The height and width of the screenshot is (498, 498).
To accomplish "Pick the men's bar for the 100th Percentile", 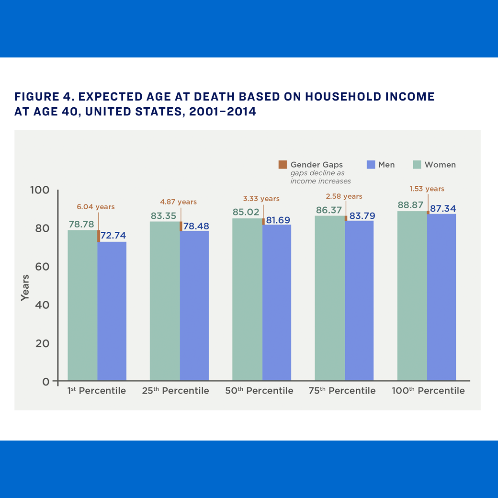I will pyautogui.click(x=441, y=297).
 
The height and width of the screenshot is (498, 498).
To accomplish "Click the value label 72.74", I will pyautogui.click(x=113, y=235).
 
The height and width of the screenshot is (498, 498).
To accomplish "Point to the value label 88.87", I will pyautogui.click(x=410, y=205).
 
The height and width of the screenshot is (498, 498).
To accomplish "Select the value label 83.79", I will pyautogui.click(x=362, y=216).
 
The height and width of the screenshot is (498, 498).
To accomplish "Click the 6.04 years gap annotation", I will pyautogui.click(x=96, y=207).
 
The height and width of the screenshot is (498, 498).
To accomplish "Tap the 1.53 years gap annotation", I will pyautogui.click(x=427, y=189).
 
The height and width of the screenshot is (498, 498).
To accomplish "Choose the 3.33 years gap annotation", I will pyautogui.click(x=261, y=198).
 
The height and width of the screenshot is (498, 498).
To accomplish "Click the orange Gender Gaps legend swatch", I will pyautogui.click(x=283, y=165).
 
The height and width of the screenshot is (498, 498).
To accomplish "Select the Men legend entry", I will pyautogui.click(x=381, y=165).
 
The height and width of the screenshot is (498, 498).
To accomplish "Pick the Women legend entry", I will pyautogui.click(x=434, y=165).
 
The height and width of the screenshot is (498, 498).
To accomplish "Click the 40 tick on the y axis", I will pyautogui.click(x=42, y=305).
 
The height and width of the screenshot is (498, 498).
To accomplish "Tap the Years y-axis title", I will pyautogui.click(x=25, y=287).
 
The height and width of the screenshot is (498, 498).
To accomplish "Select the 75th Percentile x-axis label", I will pyautogui.click(x=342, y=391).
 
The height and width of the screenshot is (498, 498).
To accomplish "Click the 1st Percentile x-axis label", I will pyautogui.click(x=96, y=391).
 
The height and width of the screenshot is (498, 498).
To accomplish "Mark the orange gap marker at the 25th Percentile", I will pyautogui.click(x=181, y=226).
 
